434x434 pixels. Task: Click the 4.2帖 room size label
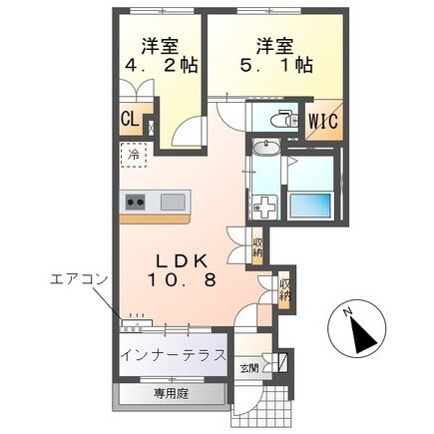pos(162,65)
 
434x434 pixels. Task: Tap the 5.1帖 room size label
pos(276,65)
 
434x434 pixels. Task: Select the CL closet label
pos(130,120)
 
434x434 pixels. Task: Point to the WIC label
pos(323,122)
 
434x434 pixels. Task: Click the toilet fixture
pos(283,118)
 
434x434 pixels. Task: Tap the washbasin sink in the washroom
pos(266,147)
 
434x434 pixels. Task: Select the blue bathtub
pos(311,206)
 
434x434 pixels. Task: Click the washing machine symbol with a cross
pos(265,208)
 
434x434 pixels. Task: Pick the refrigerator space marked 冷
pos(133,155)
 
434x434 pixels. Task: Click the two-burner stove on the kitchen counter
pos(136,202)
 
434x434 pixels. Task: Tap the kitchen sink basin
pos(173,202)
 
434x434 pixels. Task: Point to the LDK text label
pos(183,261)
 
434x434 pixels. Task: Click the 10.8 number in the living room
pos(183,280)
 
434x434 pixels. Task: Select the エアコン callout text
pos(79,279)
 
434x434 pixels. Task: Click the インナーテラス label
pos(174,355)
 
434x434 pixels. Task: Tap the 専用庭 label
pos(171,394)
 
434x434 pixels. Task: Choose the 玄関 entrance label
pos(249,368)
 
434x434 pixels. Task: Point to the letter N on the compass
pos(348,312)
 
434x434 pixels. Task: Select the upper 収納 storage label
pos(257,246)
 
